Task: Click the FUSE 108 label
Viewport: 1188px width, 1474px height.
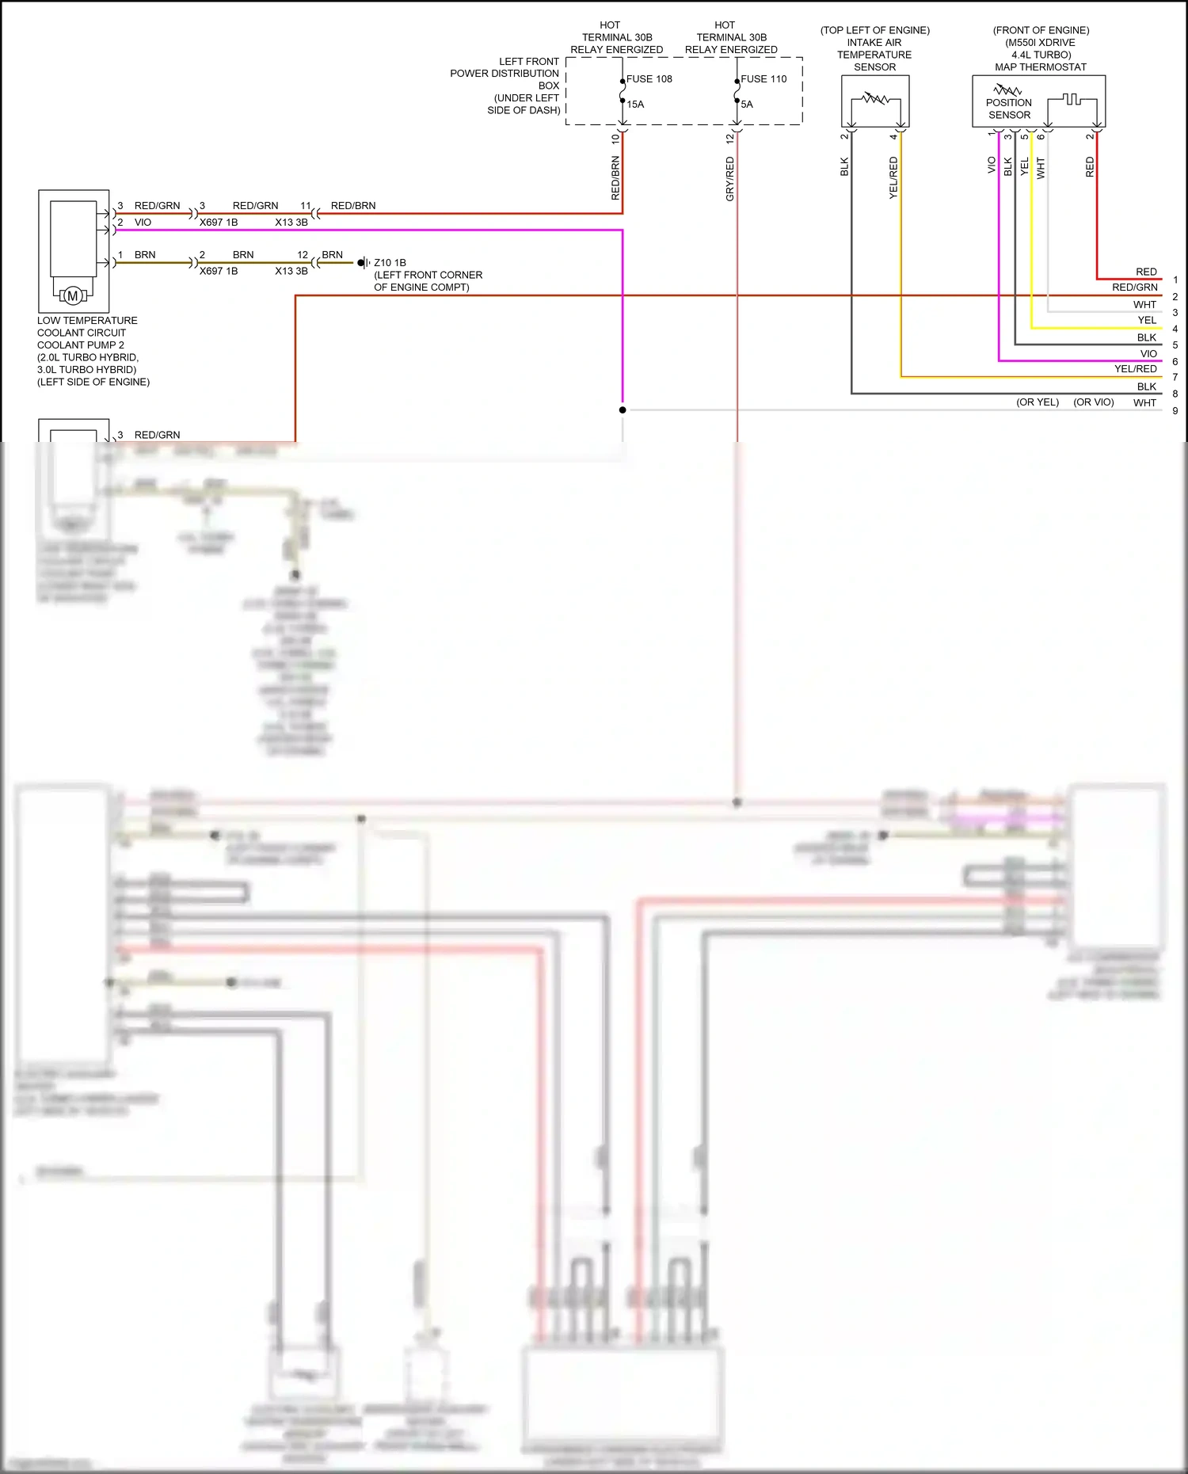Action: point(649,79)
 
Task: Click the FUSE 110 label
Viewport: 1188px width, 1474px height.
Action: point(763,79)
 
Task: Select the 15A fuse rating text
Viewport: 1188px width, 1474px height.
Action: point(635,105)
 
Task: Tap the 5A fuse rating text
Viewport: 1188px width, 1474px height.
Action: point(747,105)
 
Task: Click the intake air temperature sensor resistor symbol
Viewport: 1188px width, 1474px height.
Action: point(875,100)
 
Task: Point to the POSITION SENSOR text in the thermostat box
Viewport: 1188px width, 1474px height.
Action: point(1009,109)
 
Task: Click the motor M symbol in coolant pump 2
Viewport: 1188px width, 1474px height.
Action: point(73,296)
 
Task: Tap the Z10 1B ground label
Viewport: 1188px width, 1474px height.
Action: point(390,263)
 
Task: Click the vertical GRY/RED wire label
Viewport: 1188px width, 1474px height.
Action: point(730,178)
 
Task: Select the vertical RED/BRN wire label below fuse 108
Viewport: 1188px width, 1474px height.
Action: point(615,177)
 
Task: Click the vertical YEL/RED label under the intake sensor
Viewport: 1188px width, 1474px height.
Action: point(893,177)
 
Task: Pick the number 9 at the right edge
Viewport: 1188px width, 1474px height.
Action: point(1175,411)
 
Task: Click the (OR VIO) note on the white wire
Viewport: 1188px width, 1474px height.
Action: point(1093,402)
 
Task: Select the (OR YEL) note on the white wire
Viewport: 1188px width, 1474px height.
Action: point(1038,402)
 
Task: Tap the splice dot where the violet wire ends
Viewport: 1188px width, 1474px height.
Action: point(623,410)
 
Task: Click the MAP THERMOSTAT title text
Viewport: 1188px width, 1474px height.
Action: point(1041,67)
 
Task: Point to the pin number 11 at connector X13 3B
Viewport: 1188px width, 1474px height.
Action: point(306,206)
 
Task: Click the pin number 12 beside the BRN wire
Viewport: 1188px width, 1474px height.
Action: point(303,255)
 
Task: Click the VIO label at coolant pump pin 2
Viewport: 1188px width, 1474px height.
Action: point(143,223)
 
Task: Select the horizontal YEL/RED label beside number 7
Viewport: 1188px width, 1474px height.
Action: point(1135,369)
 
